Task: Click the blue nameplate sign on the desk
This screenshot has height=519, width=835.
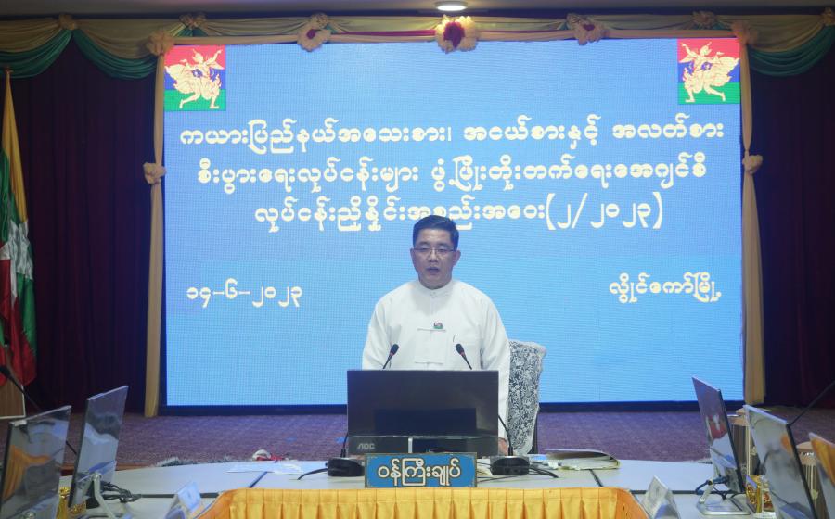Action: (420, 470)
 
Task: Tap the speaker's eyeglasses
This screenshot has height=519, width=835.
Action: (434, 250)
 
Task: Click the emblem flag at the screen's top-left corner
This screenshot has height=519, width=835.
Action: (195, 78)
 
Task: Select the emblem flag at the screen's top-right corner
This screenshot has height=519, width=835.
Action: (709, 70)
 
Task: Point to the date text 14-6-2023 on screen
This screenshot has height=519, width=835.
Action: (244, 295)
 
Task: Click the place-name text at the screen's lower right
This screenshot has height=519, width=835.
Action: (665, 290)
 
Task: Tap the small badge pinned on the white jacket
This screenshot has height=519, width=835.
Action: (438, 325)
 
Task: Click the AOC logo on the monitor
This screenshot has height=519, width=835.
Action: (366, 446)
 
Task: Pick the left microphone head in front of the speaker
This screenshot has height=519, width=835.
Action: (393, 348)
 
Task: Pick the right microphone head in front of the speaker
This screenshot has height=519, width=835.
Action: (459, 348)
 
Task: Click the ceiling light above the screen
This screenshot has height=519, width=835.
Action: (451, 6)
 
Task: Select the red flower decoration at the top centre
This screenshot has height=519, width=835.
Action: (456, 34)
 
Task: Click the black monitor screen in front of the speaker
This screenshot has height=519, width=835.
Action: (423, 402)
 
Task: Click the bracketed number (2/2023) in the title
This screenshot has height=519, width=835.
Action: (604, 210)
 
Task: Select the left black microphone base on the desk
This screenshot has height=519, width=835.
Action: (345, 467)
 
